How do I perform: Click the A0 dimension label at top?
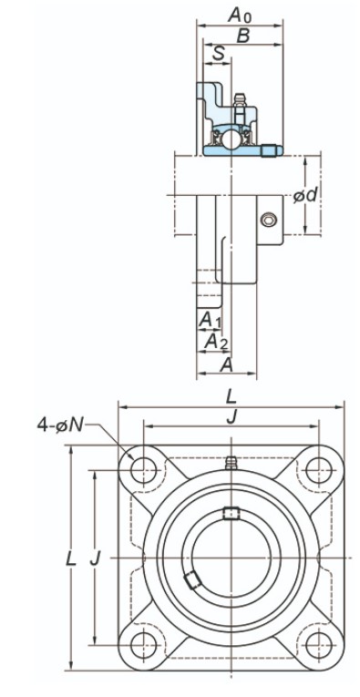tap(240, 15)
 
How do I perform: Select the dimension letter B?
tap(243, 36)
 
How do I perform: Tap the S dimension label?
tap(218, 54)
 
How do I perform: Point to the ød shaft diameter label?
tap(306, 195)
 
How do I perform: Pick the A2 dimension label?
tap(216, 342)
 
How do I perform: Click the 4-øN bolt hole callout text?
tap(60, 425)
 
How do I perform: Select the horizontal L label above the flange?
tap(231, 396)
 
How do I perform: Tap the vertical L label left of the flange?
tap(71, 559)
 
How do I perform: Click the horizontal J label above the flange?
tap(231, 417)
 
